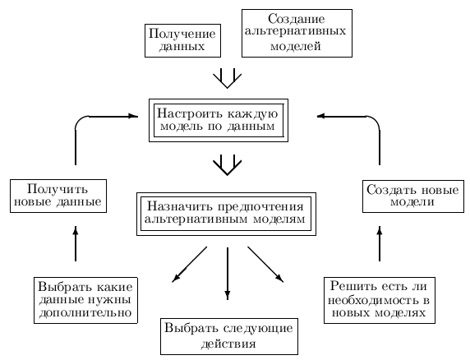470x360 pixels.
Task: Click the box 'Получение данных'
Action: [x=183, y=40]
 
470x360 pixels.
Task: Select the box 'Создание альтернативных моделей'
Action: [x=297, y=33]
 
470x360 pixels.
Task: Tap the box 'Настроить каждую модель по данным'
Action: [x=219, y=120]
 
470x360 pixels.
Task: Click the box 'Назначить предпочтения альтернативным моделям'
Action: [x=226, y=214]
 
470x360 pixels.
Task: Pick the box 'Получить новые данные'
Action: [x=58, y=196]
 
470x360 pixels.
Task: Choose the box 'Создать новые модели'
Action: [x=413, y=196]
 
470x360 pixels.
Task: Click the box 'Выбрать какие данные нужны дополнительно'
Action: [x=85, y=300]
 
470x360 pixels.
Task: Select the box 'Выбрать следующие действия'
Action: [x=229, y=336]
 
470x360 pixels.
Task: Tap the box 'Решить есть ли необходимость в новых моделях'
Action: [x=379, y=300]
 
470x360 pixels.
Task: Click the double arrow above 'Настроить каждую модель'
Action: [x=228, y=79]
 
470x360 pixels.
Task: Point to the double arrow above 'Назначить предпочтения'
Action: [x=228, y=165]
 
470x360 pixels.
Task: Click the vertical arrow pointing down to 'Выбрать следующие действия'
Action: [x=228, y=274]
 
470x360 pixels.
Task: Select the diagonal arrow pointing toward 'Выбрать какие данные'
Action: [x=190, y=265]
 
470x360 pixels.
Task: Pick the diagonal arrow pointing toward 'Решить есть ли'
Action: [x=265, y=265]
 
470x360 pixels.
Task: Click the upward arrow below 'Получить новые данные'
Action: [x=76, y=243]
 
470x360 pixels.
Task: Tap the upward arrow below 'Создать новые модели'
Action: [x=380, y=243]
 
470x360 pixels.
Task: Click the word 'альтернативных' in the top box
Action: [x=295, y=31]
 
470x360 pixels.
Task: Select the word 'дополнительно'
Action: [x=85, y=313]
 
